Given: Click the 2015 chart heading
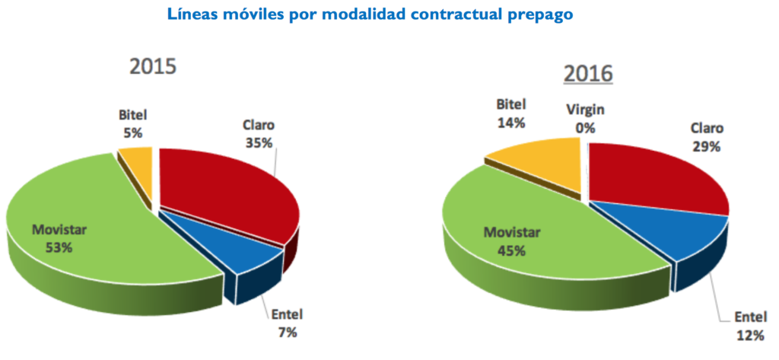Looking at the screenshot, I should [x=153, y=66].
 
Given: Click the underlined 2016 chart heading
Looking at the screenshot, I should [x=588, y=74].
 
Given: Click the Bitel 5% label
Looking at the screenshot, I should [x=132, y=124].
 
